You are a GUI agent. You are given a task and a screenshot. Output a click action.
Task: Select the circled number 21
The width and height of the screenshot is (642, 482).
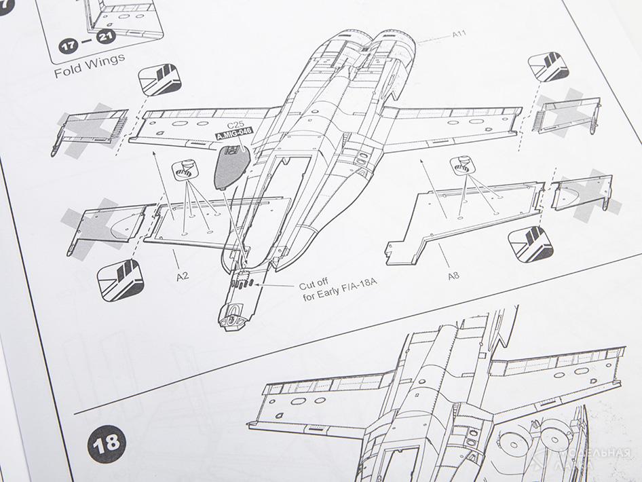tap(104, 37)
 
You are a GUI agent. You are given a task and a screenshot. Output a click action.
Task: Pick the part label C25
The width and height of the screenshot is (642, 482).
tap(235, 125)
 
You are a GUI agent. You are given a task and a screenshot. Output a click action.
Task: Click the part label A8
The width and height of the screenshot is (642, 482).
tap(454, 276)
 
